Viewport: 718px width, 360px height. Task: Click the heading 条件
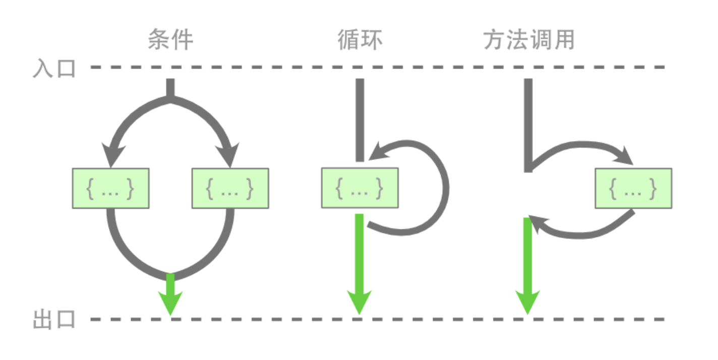170,40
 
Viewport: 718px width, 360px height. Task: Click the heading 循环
360,40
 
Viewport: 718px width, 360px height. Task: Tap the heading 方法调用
529,40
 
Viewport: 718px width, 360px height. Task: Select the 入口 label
54,68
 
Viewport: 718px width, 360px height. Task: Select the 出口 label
54,320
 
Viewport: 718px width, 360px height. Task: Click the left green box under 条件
110,188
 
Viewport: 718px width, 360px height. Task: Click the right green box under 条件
230,188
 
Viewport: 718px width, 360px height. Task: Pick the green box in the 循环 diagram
360,188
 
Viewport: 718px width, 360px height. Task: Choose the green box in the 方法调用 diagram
633,188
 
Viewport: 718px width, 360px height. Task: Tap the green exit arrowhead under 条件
170,303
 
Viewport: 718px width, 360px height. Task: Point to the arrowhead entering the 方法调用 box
626,156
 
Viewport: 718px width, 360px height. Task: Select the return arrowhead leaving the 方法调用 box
537,224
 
